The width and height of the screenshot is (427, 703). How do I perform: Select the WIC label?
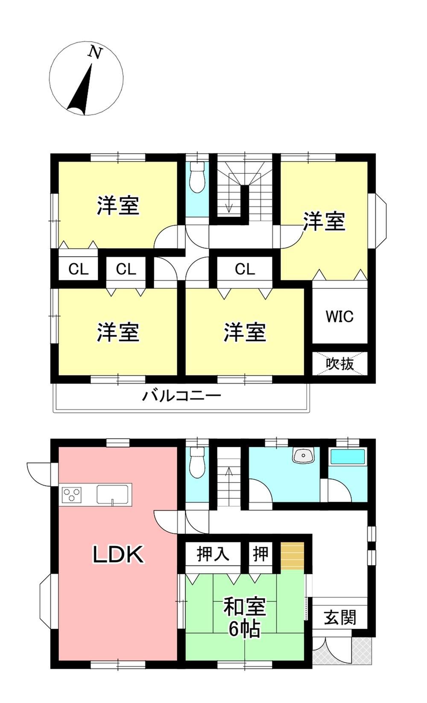point(339,316)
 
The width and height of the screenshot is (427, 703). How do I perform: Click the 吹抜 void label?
point(340,364)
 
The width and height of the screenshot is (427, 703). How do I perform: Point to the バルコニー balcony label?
point(181,395)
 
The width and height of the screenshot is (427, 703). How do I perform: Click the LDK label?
point(118,554)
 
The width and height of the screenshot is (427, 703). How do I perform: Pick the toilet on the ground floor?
point(197,462)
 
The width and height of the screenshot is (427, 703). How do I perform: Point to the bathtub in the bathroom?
point(348,457)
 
